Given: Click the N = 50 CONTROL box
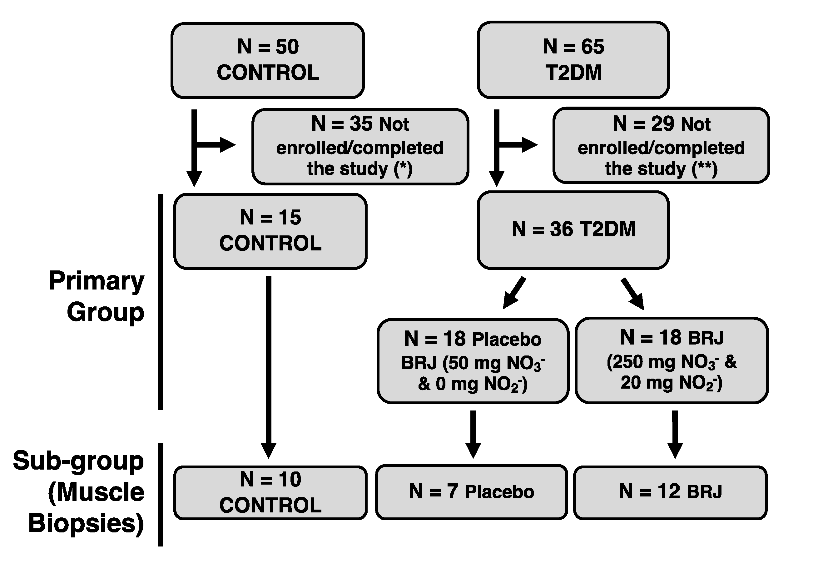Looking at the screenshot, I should click(268, 60).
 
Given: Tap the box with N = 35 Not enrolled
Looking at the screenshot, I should click(360, 147).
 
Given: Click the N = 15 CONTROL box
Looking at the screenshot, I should click(270, 231).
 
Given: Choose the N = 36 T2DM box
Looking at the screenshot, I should click(573, 230).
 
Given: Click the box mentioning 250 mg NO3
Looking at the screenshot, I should click(672, 360).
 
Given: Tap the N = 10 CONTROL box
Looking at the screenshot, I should click(270, 493).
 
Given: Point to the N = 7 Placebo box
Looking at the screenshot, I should click(471, 492).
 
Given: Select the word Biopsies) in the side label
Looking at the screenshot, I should click(86, 523).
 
